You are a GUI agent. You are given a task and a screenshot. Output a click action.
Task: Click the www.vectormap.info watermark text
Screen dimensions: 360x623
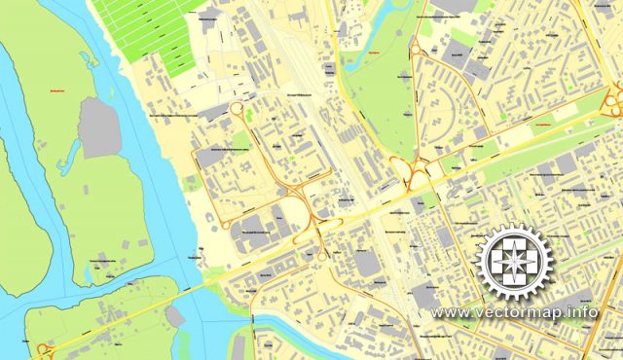[x=515, y=313]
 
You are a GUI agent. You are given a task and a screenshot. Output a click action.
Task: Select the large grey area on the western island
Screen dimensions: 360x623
[x=99, y=126]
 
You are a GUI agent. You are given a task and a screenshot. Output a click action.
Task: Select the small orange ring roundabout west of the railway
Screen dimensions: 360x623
[x=237, y=110]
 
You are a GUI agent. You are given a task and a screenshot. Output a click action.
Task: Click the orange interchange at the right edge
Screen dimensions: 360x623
[x=613, y=96]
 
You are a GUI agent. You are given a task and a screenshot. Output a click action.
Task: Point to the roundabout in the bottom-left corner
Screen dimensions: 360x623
[x=43, y=351]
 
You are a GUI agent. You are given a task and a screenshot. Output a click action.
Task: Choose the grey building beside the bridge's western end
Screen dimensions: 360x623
[x=174, y=316]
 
